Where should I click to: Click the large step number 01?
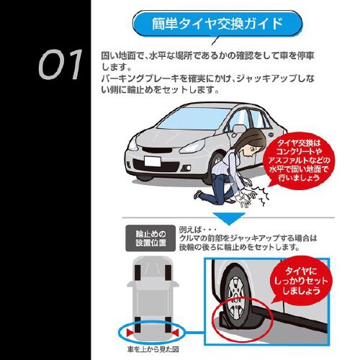60,64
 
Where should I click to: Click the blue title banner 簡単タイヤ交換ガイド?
217,24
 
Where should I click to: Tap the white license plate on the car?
153,161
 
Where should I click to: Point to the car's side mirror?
238,130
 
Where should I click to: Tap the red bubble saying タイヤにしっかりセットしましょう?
300,281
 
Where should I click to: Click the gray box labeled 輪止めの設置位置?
150,238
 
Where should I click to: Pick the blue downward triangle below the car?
229,218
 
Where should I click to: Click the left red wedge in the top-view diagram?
130,333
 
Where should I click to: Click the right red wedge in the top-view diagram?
175,333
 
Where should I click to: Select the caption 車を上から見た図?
153,349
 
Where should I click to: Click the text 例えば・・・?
198,230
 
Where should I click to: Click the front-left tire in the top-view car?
138,273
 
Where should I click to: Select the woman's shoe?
197,194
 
